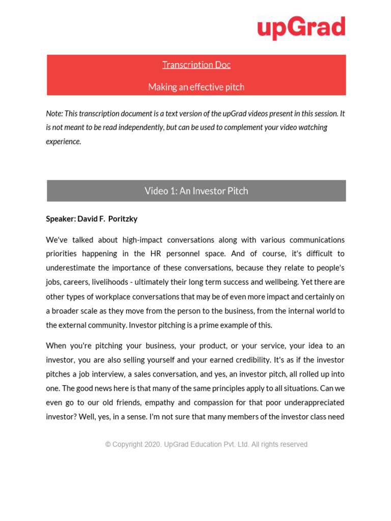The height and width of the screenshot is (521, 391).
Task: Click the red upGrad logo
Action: [x=301, y=27]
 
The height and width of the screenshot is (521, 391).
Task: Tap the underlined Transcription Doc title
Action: [x=196, y=65]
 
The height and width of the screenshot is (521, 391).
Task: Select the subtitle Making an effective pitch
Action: [x=196, y=87]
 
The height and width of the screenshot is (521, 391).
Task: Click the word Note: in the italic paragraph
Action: [x=54, y=113]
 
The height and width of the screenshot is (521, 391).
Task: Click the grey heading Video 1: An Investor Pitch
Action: [x=196, y=191]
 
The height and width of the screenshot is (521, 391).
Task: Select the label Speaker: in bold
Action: [x=61, y=219]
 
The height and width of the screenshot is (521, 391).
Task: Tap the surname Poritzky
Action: [x=123, y=219]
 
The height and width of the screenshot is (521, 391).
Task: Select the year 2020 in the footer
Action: [x=152, y=444]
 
